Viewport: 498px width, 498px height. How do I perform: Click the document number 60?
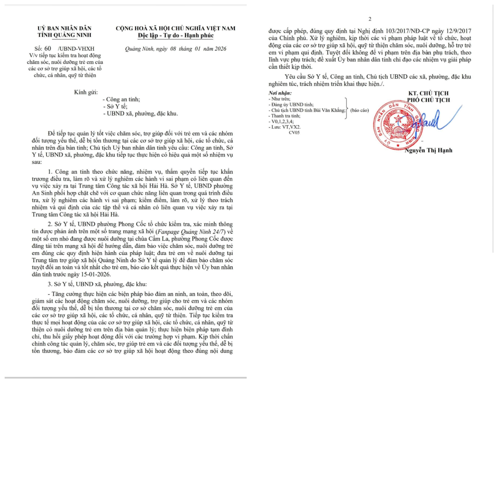[x=48, y=49]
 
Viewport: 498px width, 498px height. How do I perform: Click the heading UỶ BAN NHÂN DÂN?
[x=64, y=28]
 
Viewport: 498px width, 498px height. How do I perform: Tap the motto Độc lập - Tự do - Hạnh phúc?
[x=176, y=35]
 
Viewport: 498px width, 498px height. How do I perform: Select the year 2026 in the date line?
[x=220, y=49]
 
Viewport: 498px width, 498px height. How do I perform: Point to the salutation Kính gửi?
[x=86, y=92]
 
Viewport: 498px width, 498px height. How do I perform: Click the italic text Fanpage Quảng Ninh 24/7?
[x=191, y=232]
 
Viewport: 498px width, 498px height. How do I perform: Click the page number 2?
[x=370, y=19]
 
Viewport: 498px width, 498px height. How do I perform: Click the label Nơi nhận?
[x=280, y=93]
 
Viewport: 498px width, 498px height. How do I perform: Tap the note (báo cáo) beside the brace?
[x=359, y=110]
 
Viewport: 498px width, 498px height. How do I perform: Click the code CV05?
[x=294, y=133]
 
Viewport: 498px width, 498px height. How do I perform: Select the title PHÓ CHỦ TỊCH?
[x=428, y=100]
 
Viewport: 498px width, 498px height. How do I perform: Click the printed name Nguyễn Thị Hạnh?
[x=428, y=150]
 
